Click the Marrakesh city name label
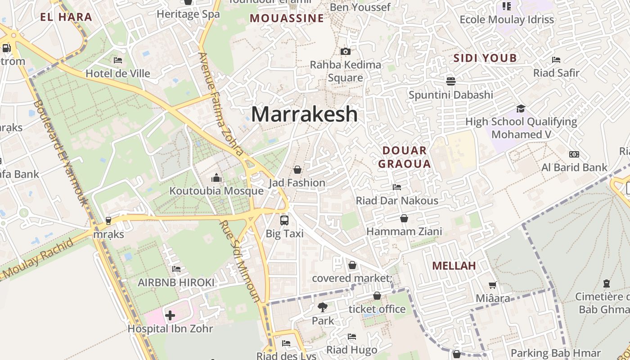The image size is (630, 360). tap(304, 114)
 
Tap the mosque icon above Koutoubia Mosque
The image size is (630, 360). tap(216, 178)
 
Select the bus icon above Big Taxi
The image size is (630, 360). tap(284, 220)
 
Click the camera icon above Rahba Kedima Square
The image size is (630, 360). tap(345, 52)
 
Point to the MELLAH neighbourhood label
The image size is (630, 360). tap(454, 266)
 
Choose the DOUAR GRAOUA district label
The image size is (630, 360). tap(404, 157)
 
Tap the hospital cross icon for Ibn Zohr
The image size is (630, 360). tap(170, 315)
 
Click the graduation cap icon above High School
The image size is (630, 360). tap(521, 108)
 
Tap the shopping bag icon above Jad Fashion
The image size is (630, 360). tap(297, 170)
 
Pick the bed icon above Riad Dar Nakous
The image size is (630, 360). tap(397, 187)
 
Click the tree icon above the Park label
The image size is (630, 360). tap(322, 308)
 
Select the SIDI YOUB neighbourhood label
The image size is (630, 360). tap(485, 58)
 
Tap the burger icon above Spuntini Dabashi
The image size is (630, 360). tap(450, 81)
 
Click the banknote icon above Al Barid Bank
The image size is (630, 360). tap(574, 154)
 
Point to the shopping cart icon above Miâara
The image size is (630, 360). tap(493, 285)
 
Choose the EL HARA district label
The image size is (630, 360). tap(66, 18)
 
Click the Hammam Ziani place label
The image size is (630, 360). tap(404, 231)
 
